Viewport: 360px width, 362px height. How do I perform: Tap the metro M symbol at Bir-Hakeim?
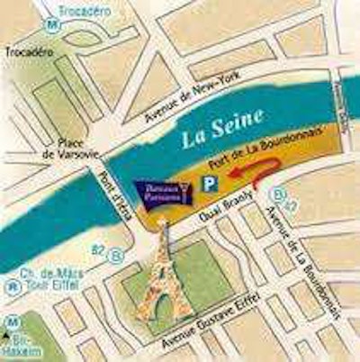point(11,321)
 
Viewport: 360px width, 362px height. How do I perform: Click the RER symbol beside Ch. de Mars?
point(12,290)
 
